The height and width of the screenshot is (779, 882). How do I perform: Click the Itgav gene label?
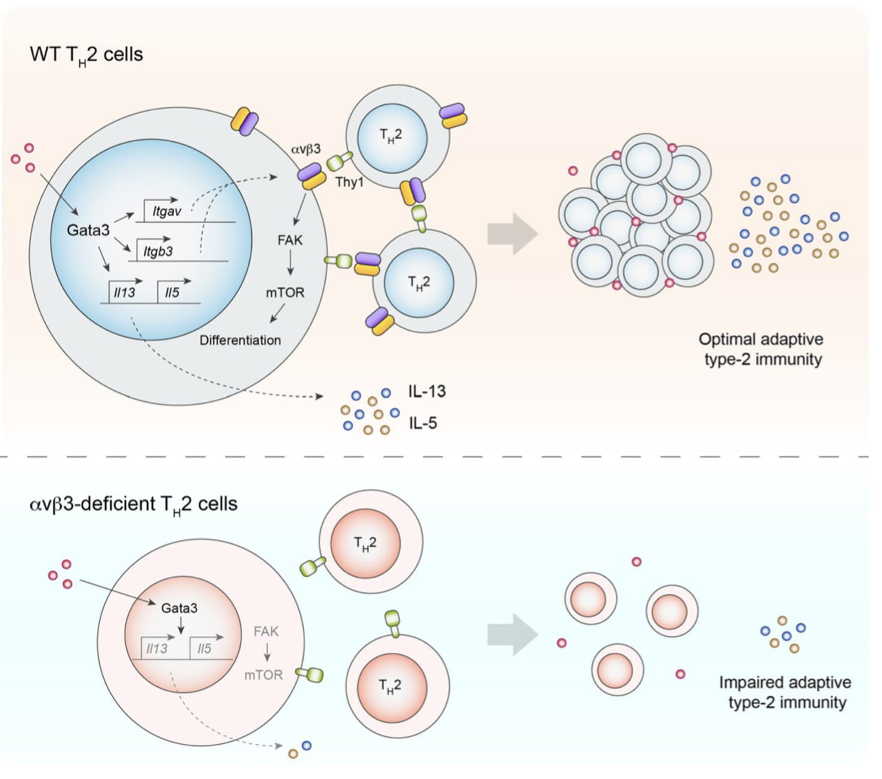166,211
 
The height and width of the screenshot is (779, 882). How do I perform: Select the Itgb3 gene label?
158,252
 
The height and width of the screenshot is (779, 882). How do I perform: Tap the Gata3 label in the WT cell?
88,230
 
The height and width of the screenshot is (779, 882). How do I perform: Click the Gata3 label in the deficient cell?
179,608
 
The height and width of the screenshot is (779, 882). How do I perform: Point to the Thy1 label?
349,182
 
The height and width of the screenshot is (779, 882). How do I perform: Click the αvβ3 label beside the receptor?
305,149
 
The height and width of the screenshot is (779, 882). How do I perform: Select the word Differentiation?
240,340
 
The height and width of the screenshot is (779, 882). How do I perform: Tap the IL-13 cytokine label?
427,391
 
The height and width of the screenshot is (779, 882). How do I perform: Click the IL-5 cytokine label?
423,423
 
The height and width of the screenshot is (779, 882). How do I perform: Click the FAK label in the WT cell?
290,240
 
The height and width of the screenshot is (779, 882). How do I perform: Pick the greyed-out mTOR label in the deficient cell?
263,675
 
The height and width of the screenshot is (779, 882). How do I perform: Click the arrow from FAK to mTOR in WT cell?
290,265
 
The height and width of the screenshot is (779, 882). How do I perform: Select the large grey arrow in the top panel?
513,234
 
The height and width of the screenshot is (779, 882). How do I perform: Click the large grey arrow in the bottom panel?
513,635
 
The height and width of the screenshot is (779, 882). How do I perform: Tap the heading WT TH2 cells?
87,56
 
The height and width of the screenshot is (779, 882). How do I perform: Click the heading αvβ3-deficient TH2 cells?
133,505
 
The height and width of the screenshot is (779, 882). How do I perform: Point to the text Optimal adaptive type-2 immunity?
761,349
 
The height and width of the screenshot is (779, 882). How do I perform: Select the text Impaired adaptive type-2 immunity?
785,692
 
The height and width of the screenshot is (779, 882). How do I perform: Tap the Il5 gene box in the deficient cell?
205,648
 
